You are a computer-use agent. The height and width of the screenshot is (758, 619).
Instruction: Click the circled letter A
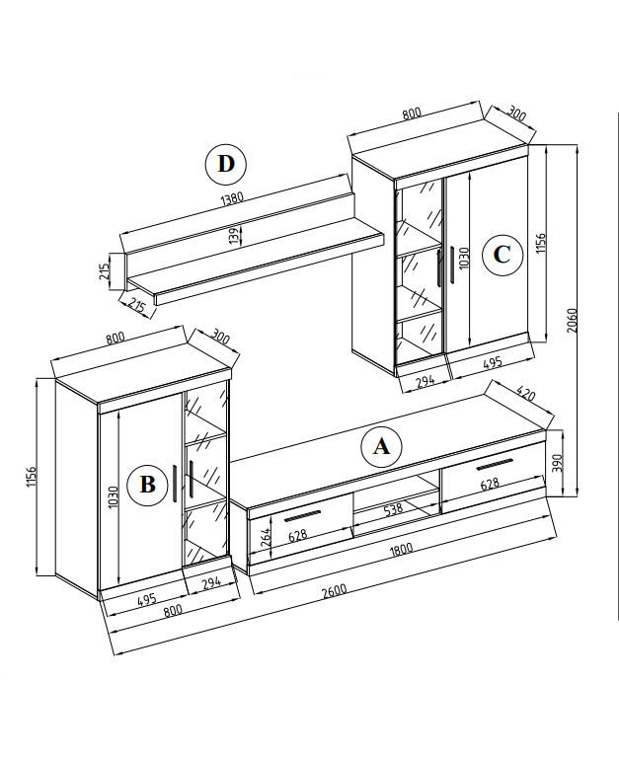coord(381,447)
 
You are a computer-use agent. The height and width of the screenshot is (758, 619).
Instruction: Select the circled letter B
coord(147,485)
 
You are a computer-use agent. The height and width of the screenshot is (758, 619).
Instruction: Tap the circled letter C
coord(502,256)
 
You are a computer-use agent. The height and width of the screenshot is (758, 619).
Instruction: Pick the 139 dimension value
coord(234,237)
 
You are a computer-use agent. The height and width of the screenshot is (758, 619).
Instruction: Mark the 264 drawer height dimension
coord(265,538)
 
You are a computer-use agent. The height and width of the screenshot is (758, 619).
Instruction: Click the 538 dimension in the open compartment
coord(394,509)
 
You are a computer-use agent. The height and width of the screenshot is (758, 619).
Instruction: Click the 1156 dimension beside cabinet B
coord(32,478)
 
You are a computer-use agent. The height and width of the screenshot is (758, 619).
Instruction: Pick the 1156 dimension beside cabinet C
coord(540,245)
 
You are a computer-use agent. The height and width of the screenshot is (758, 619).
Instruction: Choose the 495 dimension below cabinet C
coord(490,362)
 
